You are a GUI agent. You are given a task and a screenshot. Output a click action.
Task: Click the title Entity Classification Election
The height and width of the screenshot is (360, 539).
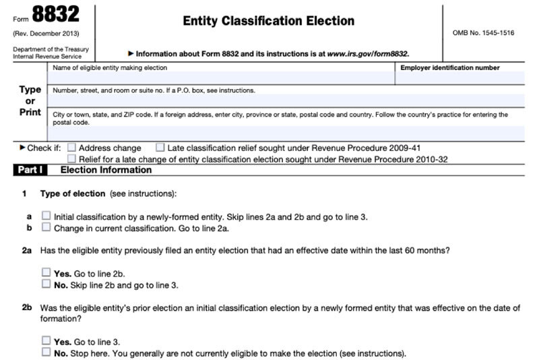click(x=268, y=21)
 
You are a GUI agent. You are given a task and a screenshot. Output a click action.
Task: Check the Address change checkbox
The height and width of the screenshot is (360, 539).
click(x=72, y=148)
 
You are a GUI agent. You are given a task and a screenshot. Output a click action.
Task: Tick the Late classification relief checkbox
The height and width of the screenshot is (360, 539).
click(x=160, y=148)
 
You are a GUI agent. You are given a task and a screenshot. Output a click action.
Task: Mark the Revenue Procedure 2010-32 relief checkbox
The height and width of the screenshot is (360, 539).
click(x=72, y=159)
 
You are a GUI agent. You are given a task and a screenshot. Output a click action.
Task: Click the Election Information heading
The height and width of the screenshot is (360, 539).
click(x=106, y=170)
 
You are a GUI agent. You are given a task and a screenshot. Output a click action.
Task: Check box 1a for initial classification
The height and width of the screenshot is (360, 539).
click(x=46, y=216)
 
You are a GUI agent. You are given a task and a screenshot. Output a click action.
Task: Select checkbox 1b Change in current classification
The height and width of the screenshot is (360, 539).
click(x=46, y=228)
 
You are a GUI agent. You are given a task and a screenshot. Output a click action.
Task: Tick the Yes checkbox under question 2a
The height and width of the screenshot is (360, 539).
click(x=46, y=273)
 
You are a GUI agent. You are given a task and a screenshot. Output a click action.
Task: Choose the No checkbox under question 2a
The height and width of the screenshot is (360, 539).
click(x=46, y=284)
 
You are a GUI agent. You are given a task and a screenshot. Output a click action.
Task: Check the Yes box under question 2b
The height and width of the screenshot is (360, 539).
click(x=46, y=341)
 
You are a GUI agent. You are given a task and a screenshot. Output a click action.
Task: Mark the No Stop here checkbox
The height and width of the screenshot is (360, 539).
click(x=46, y=352)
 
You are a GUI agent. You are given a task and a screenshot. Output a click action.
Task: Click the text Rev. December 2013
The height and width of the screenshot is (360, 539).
click(x=45, y=33)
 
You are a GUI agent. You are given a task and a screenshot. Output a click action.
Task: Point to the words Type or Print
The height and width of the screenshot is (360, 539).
click(x=30, y=100)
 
